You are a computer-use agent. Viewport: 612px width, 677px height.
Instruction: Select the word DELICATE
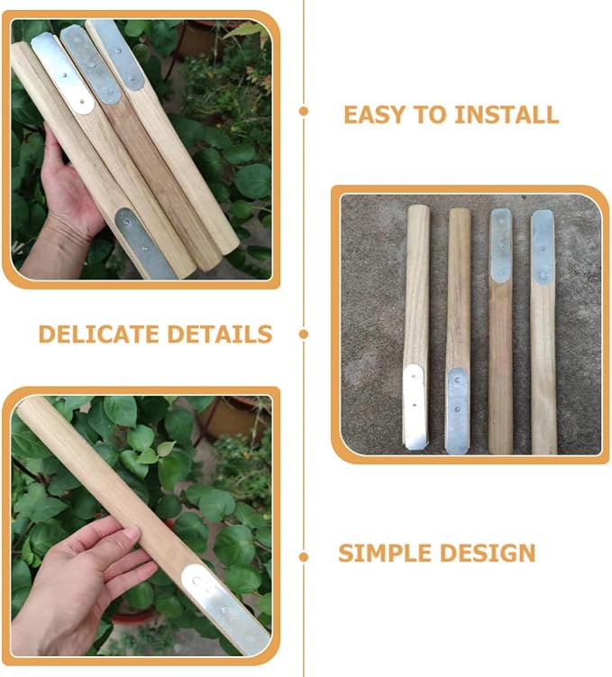[x=99, y=334]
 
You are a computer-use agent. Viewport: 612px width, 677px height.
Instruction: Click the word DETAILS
[x=220, y=334]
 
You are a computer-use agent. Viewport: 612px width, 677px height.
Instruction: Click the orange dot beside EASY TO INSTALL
[x=304, y=112]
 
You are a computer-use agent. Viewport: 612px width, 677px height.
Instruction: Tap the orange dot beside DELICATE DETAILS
[x=304, y=334]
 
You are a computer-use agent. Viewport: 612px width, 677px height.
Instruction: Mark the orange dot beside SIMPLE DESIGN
[x=304, y=557]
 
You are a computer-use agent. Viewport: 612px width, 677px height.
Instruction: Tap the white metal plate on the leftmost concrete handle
[x=415, y=407]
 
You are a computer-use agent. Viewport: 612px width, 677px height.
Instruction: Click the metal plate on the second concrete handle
[x=457, y=410]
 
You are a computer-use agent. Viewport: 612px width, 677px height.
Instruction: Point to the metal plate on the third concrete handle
[x=500, y=246]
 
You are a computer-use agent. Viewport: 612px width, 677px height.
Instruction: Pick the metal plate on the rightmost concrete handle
[x=543, y=247]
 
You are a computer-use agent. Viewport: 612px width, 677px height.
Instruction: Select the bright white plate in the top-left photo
[x=62, y=73]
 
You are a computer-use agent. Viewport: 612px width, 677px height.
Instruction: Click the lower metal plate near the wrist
[x=144, y=244]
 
